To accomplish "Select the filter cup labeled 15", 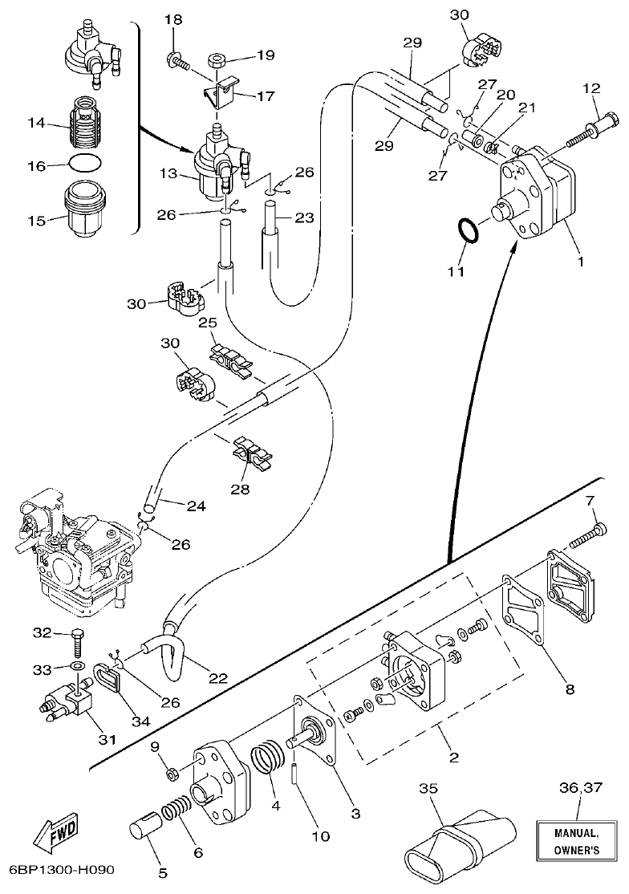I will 84,206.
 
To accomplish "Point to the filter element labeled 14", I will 84,124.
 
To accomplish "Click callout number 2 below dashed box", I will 453,757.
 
